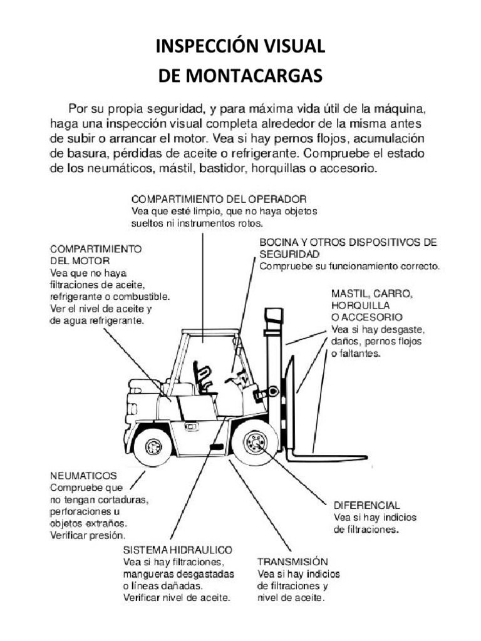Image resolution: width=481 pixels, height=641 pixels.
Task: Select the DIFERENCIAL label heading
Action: [x=366, y=505]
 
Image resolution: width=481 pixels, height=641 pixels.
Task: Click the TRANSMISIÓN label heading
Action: [x=292, y=561]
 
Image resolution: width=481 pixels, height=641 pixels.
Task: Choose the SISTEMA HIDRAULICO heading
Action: [x=178, y=549]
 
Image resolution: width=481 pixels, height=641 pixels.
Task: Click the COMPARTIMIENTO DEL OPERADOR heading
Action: [x=219, y=199]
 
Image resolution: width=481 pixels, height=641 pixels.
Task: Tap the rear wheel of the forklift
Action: [x=153, y=446]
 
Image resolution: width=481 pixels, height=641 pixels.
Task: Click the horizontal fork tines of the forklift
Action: [x=326, y=456]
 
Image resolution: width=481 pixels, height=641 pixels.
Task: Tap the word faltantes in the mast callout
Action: [x=358, y=354]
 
